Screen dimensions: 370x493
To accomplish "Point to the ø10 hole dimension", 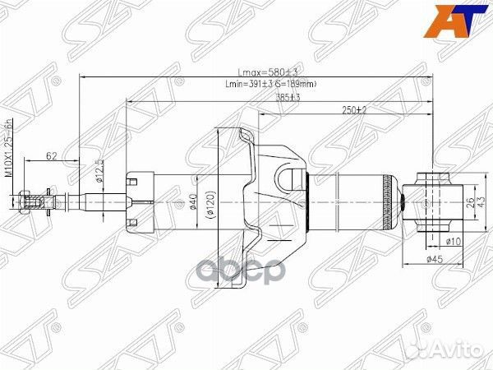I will point(452,242).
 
